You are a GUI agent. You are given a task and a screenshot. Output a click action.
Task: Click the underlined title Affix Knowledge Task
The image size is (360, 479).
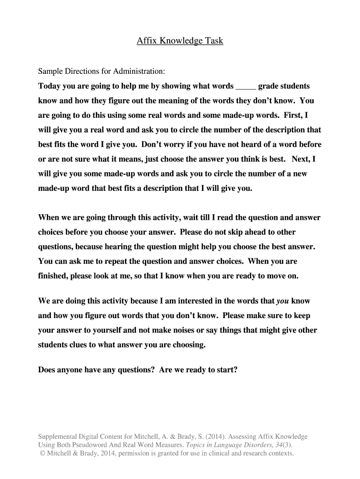tap(180, 41)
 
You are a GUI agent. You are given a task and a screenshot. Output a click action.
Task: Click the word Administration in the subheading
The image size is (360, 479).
tap(141, 72)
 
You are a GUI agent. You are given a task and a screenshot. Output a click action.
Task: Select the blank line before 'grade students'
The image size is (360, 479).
tap(246, 87)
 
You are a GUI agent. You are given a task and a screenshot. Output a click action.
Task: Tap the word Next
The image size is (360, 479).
tap(301, 159)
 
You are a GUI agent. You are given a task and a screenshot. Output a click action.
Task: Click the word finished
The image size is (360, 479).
tap(53, 276)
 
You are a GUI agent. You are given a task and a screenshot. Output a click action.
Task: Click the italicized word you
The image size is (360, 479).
tap(283, 301)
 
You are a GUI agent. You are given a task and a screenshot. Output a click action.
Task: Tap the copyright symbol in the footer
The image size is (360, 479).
tap(42, 453)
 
